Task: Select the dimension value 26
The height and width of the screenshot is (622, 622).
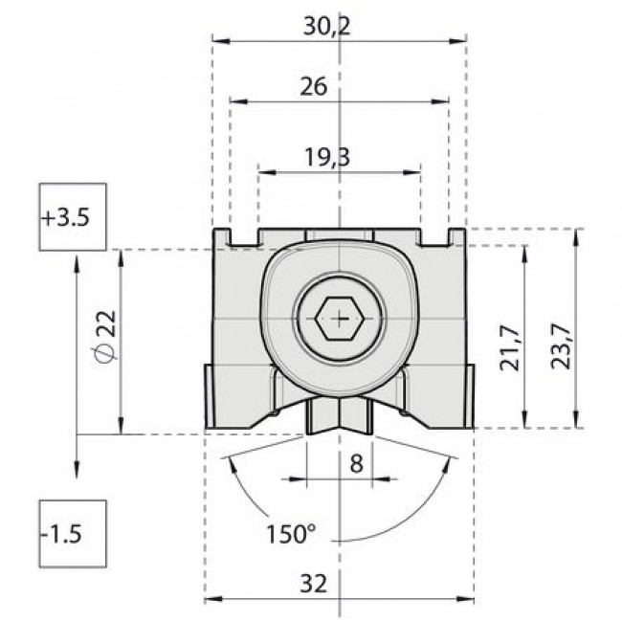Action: point(313,86)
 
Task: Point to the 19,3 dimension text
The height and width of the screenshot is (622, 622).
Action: point(326,158)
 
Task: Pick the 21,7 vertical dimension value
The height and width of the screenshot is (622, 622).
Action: point(510,346)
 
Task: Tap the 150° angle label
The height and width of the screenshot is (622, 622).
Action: point(291,532)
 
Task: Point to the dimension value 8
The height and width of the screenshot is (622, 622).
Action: point(356,464)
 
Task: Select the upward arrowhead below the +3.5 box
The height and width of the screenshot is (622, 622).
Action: point(75,260)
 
